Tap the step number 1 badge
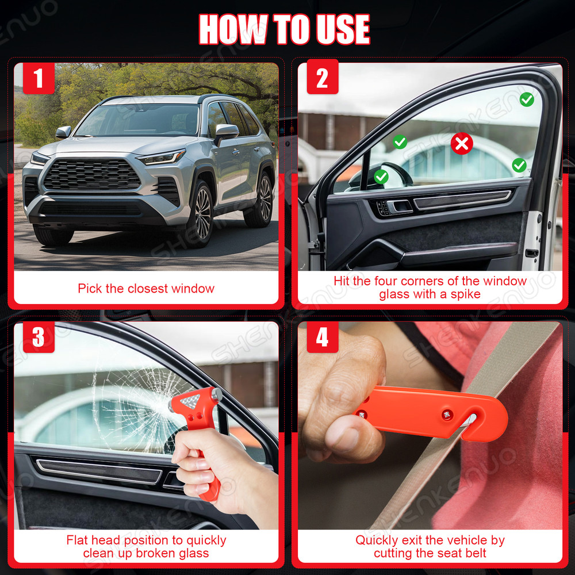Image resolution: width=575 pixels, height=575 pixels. [x=39, y=78]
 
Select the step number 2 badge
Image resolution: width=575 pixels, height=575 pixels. [x=322, y=78]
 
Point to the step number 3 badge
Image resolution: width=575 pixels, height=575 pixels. [x=39, y=337]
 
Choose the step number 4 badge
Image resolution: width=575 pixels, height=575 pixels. [x=322, y=337]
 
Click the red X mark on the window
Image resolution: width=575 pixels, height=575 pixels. [x=462, y=144]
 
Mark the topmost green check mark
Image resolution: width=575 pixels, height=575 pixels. [x=527, y=99]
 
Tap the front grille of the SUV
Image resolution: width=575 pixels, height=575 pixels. [x=92, y=175]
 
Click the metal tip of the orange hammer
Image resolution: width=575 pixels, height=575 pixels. [x=217, y=394]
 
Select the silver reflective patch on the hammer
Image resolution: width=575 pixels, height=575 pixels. [x=190, y=401]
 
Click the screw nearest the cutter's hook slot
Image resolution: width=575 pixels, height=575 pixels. [x=446, y=414]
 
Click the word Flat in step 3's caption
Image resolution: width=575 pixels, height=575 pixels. [x=78, y=540]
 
